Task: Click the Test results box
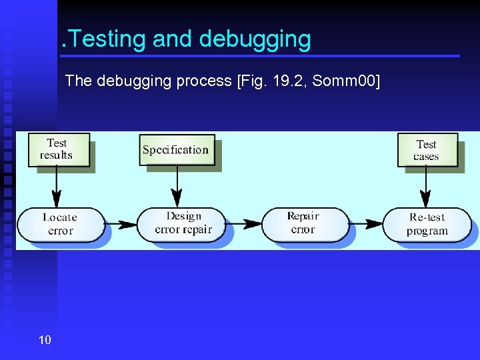coord(59,149)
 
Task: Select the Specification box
coord(176,150)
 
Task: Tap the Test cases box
coord(427,151)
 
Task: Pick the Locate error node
coord(61,225)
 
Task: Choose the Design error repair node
coord(183,223)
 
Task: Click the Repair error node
coord(304,223)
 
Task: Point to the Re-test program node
coord(427,225)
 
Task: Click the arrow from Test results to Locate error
coord(57,187)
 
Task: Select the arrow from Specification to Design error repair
coord(177,185)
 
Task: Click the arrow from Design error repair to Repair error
coord(244,224)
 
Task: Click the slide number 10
coord(45,341)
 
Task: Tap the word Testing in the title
coord(107,39)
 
